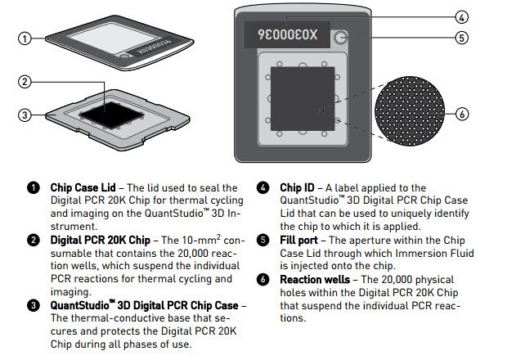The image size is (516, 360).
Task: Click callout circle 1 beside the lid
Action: [25, 38]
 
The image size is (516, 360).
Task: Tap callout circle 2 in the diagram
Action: [25, 83]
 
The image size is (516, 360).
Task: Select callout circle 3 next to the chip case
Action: [25, 115]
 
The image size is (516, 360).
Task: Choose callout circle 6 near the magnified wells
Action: [461, 114]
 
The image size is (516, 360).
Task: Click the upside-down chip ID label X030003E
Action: [287, 36]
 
